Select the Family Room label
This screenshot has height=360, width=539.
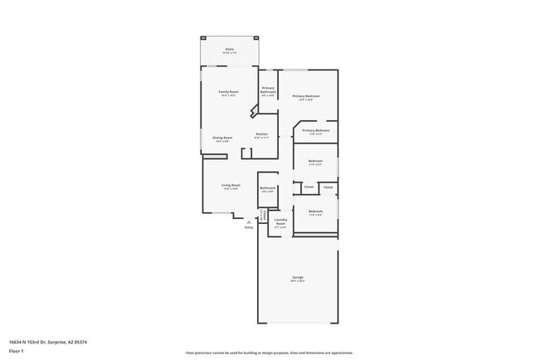(x=229, y=91)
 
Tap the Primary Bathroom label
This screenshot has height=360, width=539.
(x=268, y=90)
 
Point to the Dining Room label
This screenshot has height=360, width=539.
(x=222, y=138)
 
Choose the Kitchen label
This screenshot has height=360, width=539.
(x=261, y=134)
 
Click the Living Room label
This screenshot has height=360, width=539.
(x=231, y=185)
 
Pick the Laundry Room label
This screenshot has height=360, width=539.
(x=280, y=221)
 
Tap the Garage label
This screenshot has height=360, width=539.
(x=297, y=277)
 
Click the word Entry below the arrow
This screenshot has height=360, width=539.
(x=249, y=227)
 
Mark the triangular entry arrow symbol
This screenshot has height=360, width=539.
(x=249, y=221)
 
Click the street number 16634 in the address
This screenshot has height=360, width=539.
(x=15, y=342)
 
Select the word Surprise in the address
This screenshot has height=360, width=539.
(x=56, y=342)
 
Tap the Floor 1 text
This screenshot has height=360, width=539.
(x=16, y=351)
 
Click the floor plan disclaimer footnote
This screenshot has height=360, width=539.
(x=269, y=352)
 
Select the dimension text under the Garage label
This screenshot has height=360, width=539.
(x=297, y=281)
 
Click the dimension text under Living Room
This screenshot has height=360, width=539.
(x=231, y=189)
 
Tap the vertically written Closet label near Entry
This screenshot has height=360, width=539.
(x=264, y=216)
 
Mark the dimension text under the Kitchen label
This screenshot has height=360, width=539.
(x=261, y=138)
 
